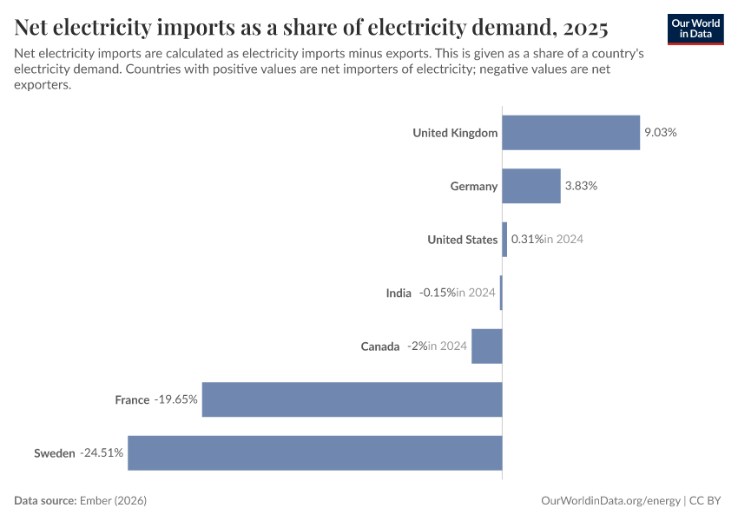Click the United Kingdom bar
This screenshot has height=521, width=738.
tap(570, 133)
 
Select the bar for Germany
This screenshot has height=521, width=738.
tap(531, 186)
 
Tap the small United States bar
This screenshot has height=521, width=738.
tap(504, 240)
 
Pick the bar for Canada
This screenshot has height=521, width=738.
tap(487, 346)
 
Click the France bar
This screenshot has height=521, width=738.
tap(352, 399)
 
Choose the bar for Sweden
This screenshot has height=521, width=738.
tap(314, 452)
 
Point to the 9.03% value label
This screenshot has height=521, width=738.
tap(660, 133)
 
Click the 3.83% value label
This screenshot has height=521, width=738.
tap(581, 186)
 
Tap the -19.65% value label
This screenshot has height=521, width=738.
tap(176, 399)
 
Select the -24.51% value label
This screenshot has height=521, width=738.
tap(102, 452)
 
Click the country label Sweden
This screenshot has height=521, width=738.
tap(55, 452)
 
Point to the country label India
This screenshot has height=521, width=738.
tap(399, 293)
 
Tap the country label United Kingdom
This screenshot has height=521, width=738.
tap(455, 133)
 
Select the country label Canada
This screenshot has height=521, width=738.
tap(380, 346)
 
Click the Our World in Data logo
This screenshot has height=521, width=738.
tap(695, 29)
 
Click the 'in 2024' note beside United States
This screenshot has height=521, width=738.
tap(563, 240)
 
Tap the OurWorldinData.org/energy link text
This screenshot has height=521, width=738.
tap(610, 501)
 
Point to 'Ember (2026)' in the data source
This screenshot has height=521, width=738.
tap(113, 501)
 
